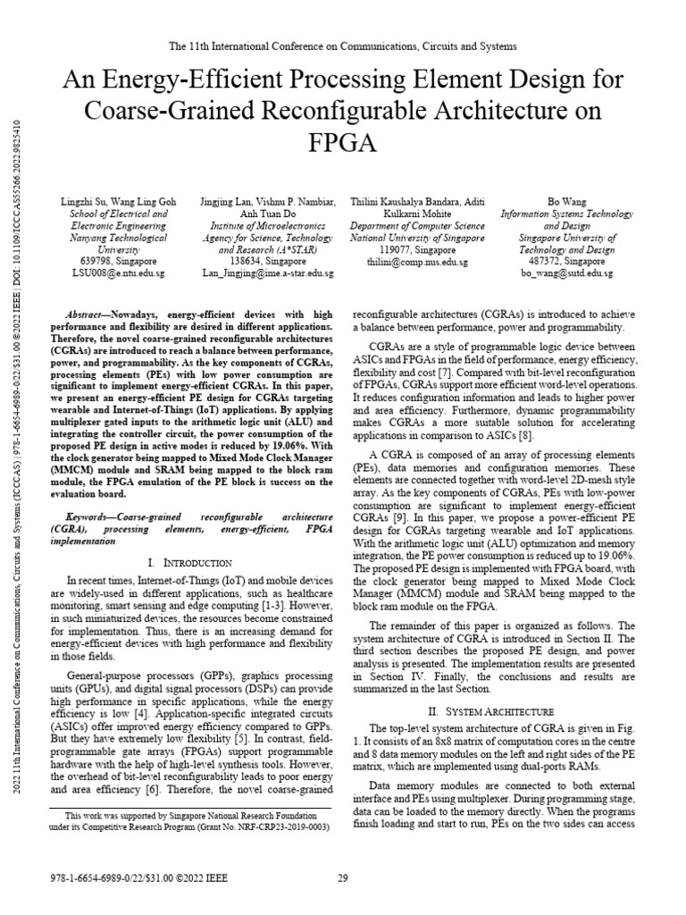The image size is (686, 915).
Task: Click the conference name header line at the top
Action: point(342,45)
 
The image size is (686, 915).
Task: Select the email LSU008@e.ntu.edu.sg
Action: point(106,273)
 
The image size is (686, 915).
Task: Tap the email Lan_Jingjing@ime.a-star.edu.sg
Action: point(269,273)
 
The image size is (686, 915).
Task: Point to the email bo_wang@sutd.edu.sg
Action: point(566,273)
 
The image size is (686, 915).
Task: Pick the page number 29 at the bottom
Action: point(342,878)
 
